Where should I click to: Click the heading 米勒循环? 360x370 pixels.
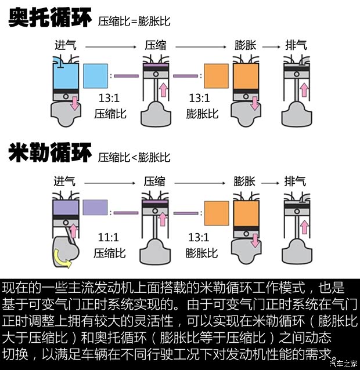click(50, 154)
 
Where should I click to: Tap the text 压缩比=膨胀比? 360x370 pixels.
click(134, 22)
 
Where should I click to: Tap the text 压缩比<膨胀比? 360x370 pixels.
click(134, 157)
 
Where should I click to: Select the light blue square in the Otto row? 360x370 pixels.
click(96, 76)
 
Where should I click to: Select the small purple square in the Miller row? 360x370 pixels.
click(95, 208)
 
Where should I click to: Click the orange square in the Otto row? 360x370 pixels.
click(217, 76)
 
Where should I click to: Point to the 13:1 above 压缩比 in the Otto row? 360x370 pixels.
click(110, 98)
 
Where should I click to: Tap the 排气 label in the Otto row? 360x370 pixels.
click(296, 45)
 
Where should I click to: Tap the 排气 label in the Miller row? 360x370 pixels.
click(296, 180)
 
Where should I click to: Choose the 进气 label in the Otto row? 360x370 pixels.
click(65, 45)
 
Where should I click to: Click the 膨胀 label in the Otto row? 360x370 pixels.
click(244, 45)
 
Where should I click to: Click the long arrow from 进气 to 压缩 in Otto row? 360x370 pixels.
click(110, 45)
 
